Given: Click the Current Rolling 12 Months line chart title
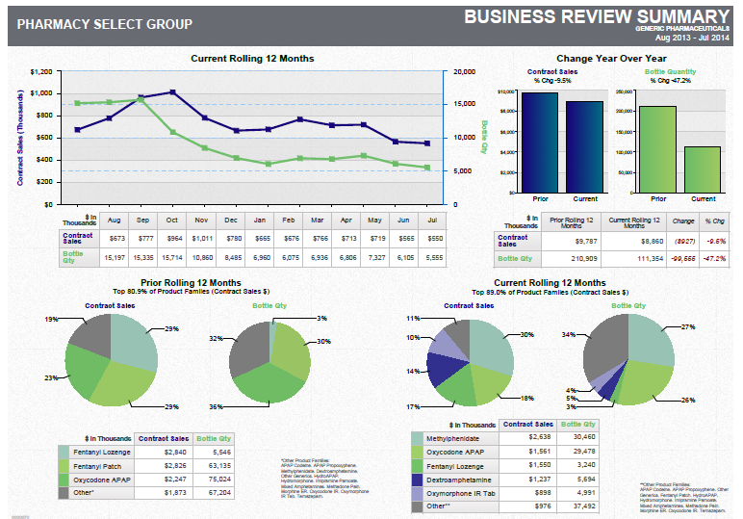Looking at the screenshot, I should coord(252,59).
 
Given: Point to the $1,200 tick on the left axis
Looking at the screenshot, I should coord(40,72).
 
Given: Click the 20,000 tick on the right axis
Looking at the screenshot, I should coord(465,72).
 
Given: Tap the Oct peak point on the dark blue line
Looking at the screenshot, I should coord(172,92).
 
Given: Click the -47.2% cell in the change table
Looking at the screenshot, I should coord(714,259).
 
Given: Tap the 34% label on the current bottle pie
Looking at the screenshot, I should coord(569,335).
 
